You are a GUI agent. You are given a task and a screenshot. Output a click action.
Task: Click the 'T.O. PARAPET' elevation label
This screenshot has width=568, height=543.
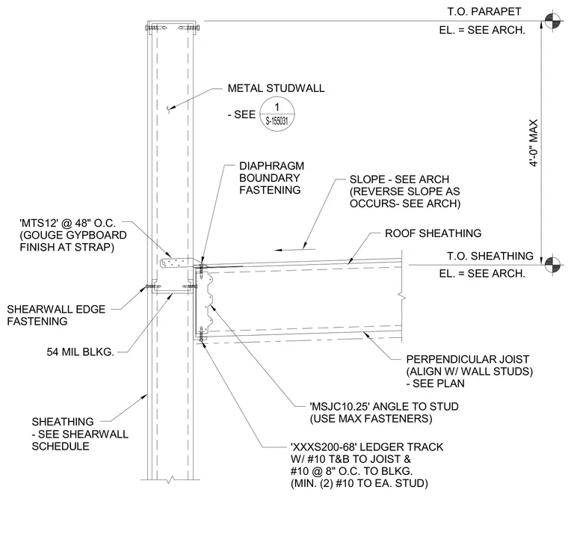click(484, 12)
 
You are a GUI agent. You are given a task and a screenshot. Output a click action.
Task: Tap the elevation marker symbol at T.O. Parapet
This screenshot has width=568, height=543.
click(552, 21)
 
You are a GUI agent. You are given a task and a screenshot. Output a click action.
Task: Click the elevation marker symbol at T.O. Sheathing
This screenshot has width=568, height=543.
click(552, 265)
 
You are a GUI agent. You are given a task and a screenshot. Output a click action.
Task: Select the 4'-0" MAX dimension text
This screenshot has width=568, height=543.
click(533, 143)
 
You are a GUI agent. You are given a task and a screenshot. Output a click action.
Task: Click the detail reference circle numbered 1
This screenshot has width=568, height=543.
click(277, 114)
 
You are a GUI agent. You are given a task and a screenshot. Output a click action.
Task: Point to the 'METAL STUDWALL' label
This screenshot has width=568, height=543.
click(276, 88)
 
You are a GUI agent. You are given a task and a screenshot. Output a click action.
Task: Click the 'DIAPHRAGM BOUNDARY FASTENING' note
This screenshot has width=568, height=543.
click(271, 178)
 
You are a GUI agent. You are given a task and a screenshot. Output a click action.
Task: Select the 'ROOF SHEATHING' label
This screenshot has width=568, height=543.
click(433, 233)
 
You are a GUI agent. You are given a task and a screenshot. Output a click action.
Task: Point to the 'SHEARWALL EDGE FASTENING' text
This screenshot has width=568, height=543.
click(56, 315)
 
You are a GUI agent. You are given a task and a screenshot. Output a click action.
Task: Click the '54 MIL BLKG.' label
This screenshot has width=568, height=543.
click(81, 352)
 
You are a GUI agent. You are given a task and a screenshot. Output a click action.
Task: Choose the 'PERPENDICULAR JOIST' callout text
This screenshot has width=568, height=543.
click(468, 359)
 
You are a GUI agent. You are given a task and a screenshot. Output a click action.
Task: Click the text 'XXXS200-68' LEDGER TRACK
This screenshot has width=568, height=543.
click(367, 447)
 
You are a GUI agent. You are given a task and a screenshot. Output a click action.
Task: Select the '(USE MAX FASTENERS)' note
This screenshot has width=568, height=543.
click(371, 419)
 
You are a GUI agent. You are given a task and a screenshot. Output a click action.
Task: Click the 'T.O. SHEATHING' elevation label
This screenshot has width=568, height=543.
click(490, 256)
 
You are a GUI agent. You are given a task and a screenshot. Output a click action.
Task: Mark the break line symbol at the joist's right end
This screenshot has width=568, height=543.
click(402, 296)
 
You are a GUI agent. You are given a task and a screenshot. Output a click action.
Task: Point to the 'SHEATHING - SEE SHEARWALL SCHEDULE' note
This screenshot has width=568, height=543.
click(80, 434)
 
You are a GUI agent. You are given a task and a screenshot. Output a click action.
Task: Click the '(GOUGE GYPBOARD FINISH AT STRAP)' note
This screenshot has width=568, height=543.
click(73, 241)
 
